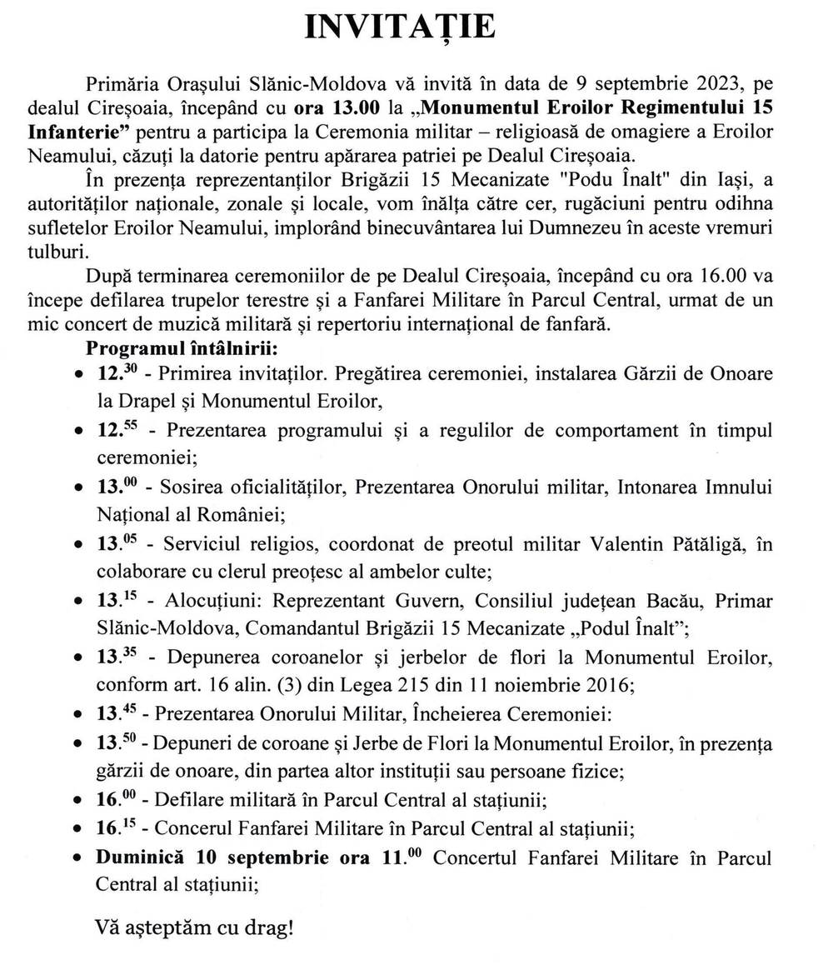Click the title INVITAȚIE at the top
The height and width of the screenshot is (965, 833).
pos(401,27)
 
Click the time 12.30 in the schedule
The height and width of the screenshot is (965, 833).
pos(117,371)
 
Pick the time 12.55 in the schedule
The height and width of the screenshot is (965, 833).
pos(117,430)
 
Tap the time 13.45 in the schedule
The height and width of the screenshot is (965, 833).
pos(117,714)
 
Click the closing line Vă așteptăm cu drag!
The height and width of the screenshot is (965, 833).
pos(194,926)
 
